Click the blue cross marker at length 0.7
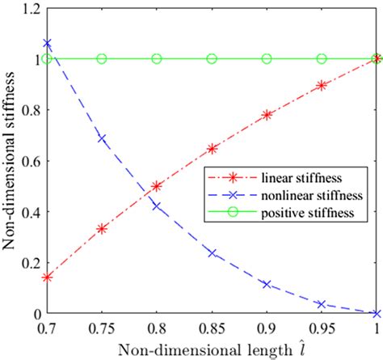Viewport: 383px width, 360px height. click(48, 43)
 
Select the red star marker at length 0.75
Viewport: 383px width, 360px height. click(103, 229)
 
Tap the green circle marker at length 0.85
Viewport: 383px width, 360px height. click(212, 58)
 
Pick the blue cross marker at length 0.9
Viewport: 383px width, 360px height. click(267, 285)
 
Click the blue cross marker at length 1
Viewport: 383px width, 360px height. click(377, 314)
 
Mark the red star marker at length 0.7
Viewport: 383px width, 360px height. click(48, 277)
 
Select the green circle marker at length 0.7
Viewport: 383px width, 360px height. click(48, 58)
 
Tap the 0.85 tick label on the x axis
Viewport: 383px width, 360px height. click(212, 328)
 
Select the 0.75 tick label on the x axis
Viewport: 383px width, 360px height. click(103, 328)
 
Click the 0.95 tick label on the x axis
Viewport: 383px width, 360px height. click(322, 328)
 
